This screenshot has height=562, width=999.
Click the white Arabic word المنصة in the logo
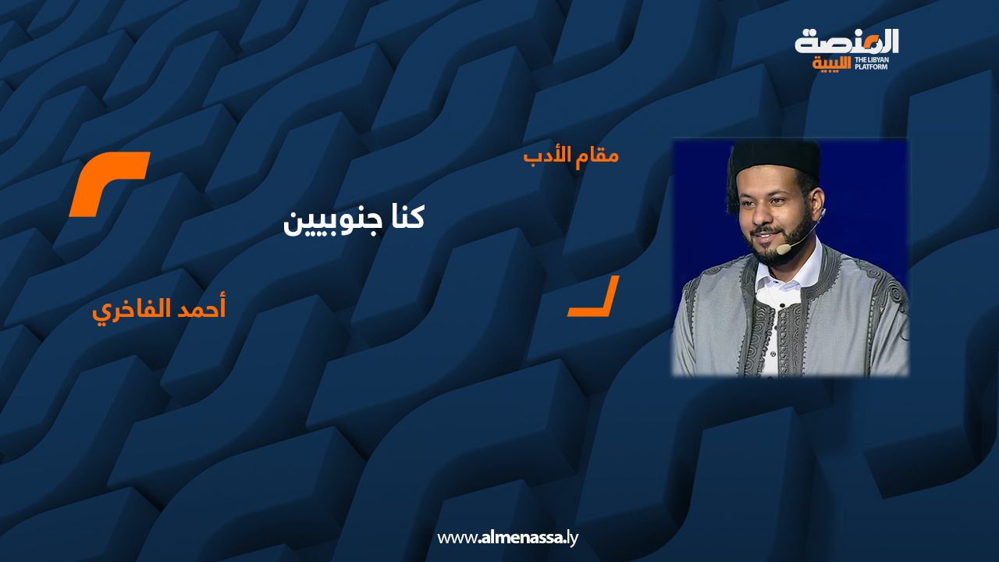coord(847,41)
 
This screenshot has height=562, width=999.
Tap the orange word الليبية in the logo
coord(832,64)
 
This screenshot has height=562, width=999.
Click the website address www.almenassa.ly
coord(507,538)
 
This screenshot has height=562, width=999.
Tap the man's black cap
coord(776,160)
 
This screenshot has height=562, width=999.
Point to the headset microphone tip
coord(784,249)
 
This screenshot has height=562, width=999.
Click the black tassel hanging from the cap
coord(732,187)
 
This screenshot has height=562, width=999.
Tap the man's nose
coord(763,217)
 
